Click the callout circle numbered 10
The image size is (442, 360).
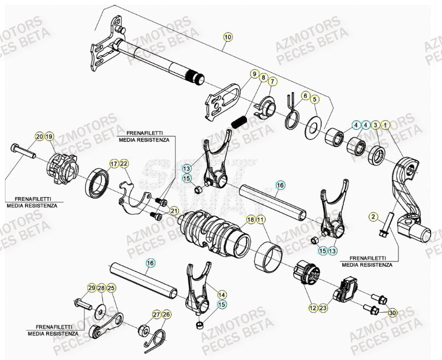227,36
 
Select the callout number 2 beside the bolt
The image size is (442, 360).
373,217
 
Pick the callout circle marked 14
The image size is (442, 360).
222,293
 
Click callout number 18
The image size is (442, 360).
251,219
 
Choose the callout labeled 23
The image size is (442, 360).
323,308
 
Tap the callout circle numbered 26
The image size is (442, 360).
167,314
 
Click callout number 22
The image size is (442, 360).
124,163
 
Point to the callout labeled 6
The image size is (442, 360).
305,96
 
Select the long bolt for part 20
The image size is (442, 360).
22,151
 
